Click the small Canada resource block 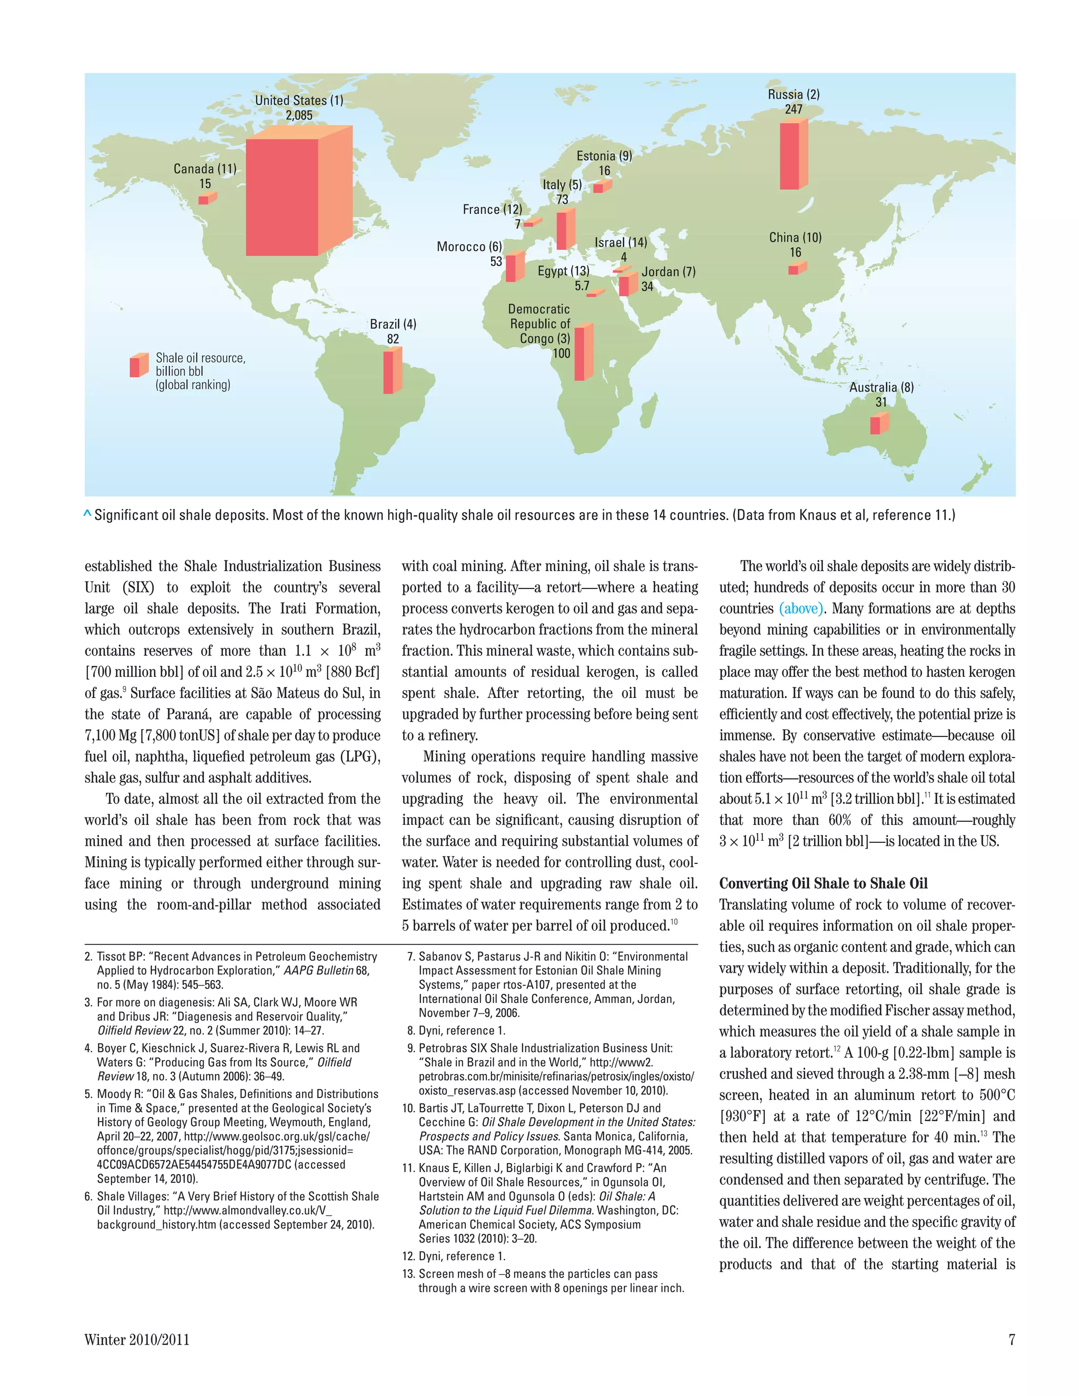207,199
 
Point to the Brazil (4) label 393,324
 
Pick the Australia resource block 878,424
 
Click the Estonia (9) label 604,156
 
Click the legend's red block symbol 138,365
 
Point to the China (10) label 795,238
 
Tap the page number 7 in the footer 1011,1340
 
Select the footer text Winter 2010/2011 137,1340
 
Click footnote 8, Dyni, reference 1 456,1030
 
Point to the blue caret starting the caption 87,514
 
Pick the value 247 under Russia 793,109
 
